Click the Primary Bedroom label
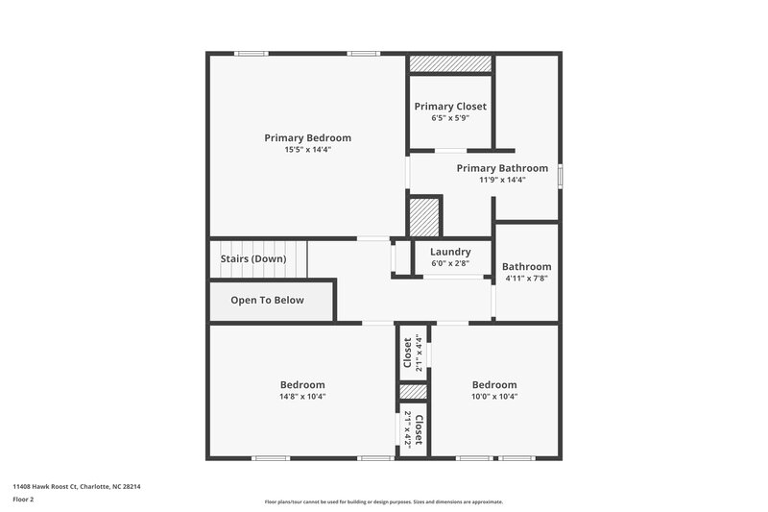click(307, 137)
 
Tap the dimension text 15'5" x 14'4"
click(307, 150)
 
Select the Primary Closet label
click(450, 106)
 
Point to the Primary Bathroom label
click(502, 167)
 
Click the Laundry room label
click(450, 252)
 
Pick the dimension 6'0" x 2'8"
click(450, 263)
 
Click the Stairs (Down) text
click(253, 259)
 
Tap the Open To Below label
click(267, 300)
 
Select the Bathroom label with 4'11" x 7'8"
click(526, 266)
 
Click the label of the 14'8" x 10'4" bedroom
click(302, 384)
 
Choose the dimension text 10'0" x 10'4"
click(494, 397)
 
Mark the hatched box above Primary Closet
click(450, 63)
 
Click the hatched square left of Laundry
click(423, 216)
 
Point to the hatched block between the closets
click(413, 392)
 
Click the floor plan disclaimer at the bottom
click(383, 501)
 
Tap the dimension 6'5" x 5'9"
click(450, 117)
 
